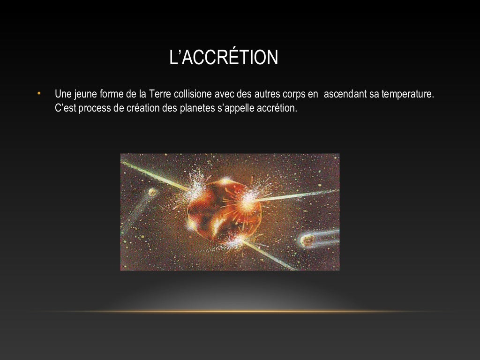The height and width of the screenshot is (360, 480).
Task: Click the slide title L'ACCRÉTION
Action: tap(224, 58)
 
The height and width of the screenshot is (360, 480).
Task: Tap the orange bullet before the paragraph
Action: tap(39, 93)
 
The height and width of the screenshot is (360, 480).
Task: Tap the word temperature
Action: tap(408, 94)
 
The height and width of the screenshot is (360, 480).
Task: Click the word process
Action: tap(97, 108)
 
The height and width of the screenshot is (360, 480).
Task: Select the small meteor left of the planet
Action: tap(152, 192)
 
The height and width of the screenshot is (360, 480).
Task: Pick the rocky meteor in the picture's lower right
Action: tap(307, 240)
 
